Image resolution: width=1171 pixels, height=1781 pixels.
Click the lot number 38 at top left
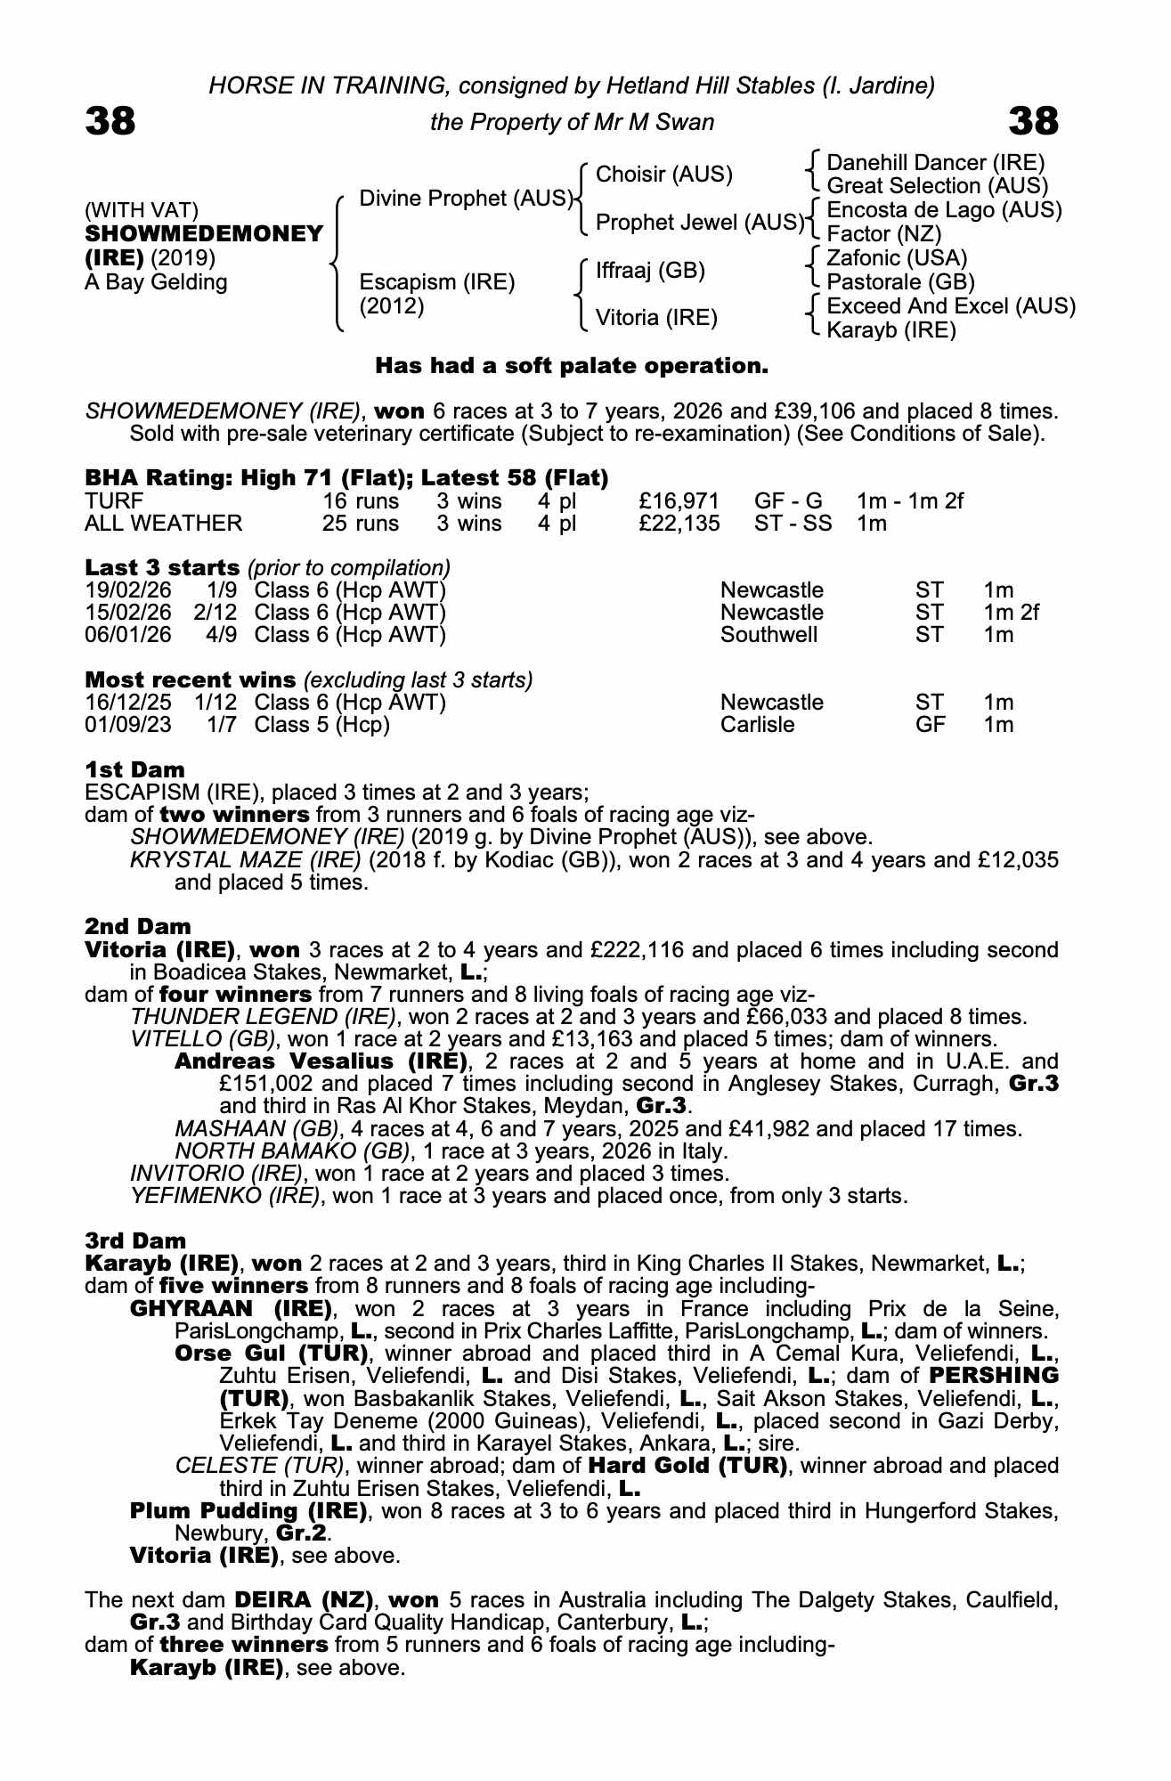[110, 121]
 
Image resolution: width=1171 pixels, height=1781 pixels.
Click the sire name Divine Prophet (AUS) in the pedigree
[465, 198]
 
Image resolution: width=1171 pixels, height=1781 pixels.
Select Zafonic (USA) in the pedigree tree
[897, 258]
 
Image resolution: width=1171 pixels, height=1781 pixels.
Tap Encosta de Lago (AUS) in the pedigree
[944, 210]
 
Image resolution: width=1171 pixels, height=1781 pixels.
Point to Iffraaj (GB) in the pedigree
[650, 270]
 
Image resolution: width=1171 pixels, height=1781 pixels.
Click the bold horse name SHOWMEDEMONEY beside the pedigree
[204, 234]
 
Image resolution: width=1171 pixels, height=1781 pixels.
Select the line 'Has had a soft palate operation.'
[571, 366]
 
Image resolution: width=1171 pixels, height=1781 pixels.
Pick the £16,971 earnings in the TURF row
[679, 501]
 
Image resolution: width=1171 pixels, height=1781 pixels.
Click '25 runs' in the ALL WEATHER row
[360, 524]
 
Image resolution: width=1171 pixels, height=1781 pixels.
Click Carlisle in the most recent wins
[757, 725]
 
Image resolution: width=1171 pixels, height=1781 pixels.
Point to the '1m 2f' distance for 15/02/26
[1011, 613]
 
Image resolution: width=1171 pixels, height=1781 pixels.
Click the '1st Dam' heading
[134, 769]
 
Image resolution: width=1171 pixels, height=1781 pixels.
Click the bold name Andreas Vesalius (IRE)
[321, 1061]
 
